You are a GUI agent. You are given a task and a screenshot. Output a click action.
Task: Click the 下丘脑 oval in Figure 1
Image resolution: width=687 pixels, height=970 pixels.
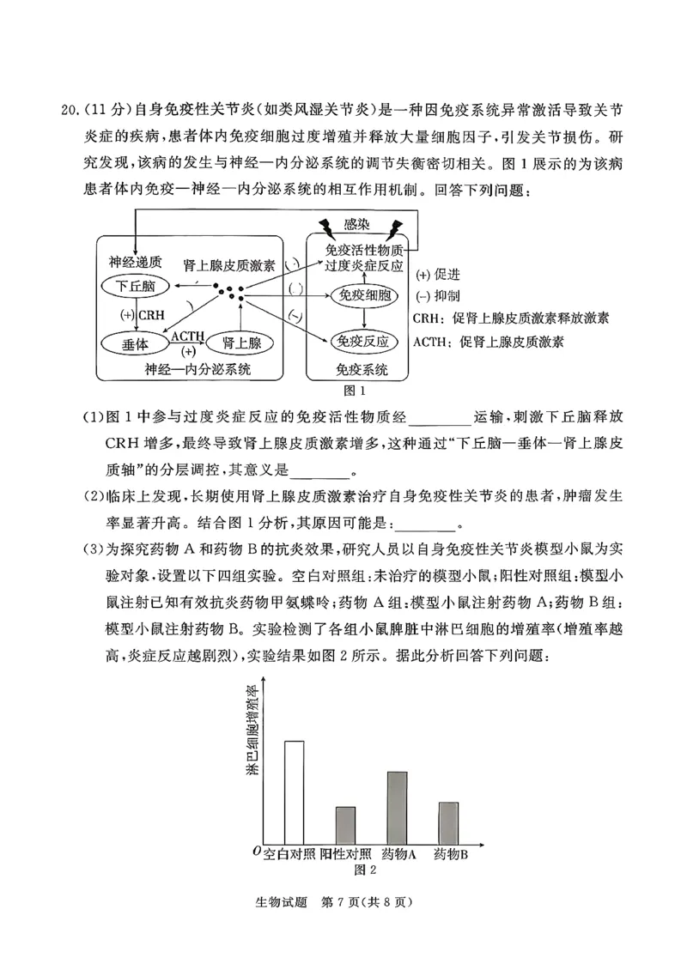(137, 285)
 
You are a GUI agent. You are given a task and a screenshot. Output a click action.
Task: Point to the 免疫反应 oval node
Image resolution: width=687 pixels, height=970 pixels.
(364, 342)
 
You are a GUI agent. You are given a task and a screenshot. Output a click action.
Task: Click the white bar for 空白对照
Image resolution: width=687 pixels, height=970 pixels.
(294, 791)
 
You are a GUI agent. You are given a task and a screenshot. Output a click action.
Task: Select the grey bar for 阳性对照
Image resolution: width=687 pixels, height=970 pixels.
(345, 824)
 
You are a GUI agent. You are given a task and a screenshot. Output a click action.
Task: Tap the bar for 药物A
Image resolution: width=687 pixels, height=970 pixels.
(397, 806)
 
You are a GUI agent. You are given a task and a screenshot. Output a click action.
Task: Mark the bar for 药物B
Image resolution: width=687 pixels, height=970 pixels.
(448, 821)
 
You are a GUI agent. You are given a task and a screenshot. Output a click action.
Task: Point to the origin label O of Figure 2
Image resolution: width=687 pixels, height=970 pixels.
(257, 850)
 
